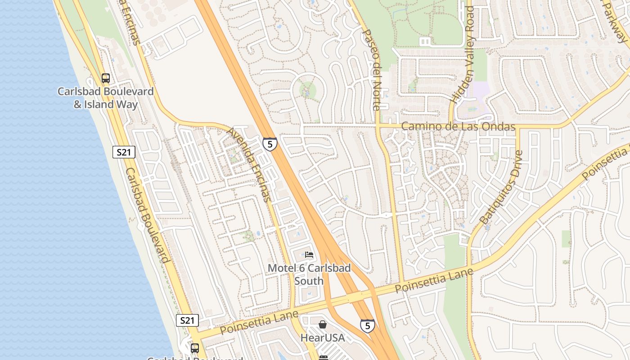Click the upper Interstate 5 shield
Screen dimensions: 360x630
270,144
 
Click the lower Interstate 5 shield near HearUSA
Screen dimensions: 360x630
367,325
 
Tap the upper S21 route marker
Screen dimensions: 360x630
124,152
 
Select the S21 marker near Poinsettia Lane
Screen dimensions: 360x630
187,320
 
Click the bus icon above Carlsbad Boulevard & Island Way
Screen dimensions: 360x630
106,78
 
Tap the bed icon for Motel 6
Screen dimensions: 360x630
309,255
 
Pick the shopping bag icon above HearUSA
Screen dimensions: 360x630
323,324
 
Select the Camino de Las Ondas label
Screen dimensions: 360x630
458,126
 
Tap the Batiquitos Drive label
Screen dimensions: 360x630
501,188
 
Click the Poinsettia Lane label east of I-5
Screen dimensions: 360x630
434,280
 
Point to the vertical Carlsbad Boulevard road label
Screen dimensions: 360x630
147,215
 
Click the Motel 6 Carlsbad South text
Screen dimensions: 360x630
309,274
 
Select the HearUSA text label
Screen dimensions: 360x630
323,337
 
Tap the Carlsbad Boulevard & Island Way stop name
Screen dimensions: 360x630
106,98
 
